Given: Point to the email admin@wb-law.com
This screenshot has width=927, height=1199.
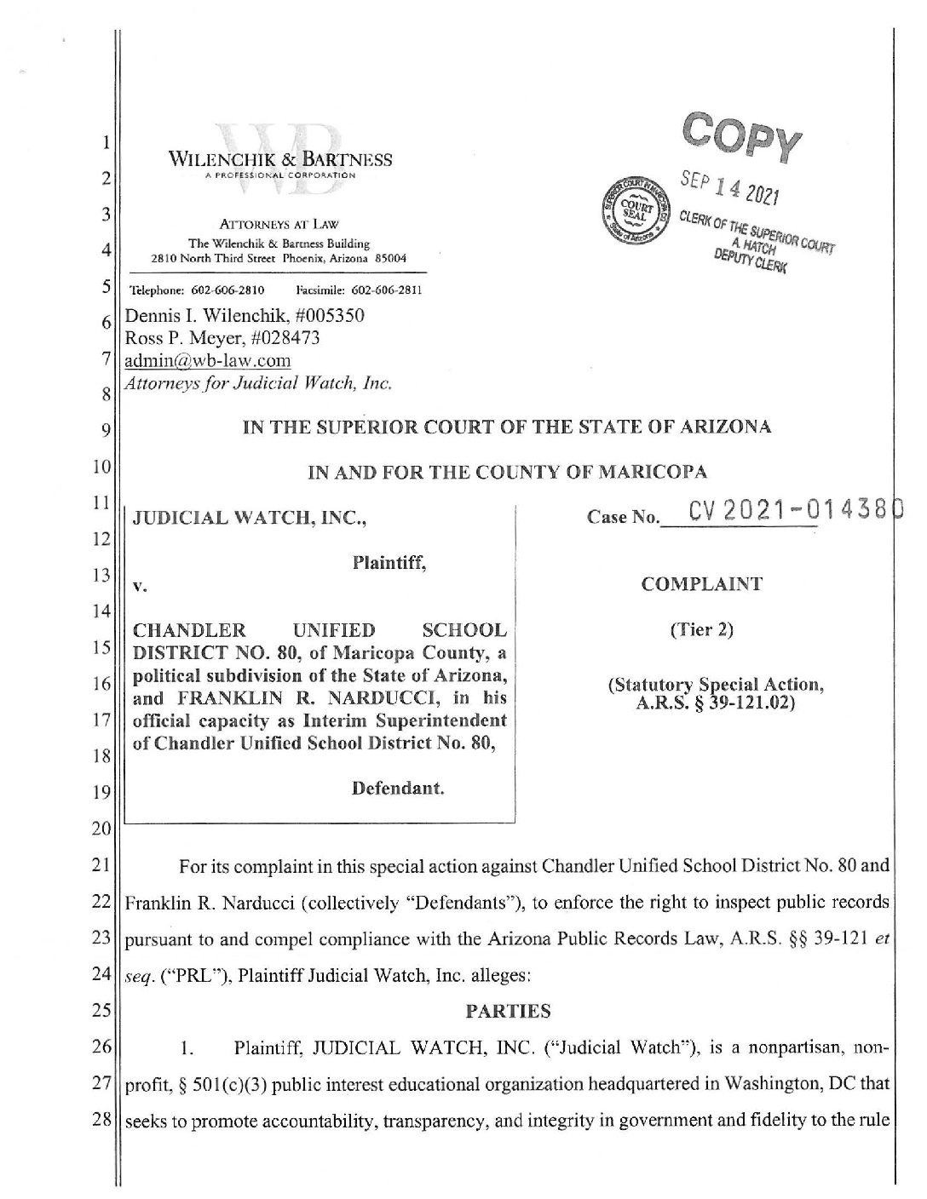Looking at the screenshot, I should [208, 360].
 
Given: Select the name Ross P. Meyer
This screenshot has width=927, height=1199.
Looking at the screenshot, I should [180, 338].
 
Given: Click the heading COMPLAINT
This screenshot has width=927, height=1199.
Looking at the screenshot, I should [702, 584].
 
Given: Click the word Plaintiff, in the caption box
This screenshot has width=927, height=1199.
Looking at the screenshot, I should [389, 562].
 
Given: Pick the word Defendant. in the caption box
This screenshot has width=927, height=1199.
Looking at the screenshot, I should [399, 789].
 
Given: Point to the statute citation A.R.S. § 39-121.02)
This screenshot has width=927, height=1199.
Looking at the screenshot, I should [712, 702].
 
